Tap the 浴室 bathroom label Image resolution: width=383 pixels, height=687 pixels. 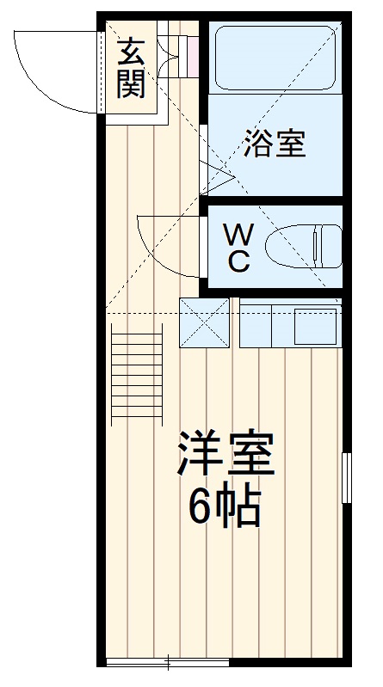(275, 143)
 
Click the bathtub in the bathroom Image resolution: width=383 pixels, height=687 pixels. (274, 58)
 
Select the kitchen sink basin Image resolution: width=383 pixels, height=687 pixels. (315, 325)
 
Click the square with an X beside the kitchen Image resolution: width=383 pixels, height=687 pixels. (205, 322)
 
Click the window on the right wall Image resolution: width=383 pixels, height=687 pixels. (346, 476)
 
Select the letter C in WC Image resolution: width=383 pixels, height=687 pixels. (239, 262)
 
